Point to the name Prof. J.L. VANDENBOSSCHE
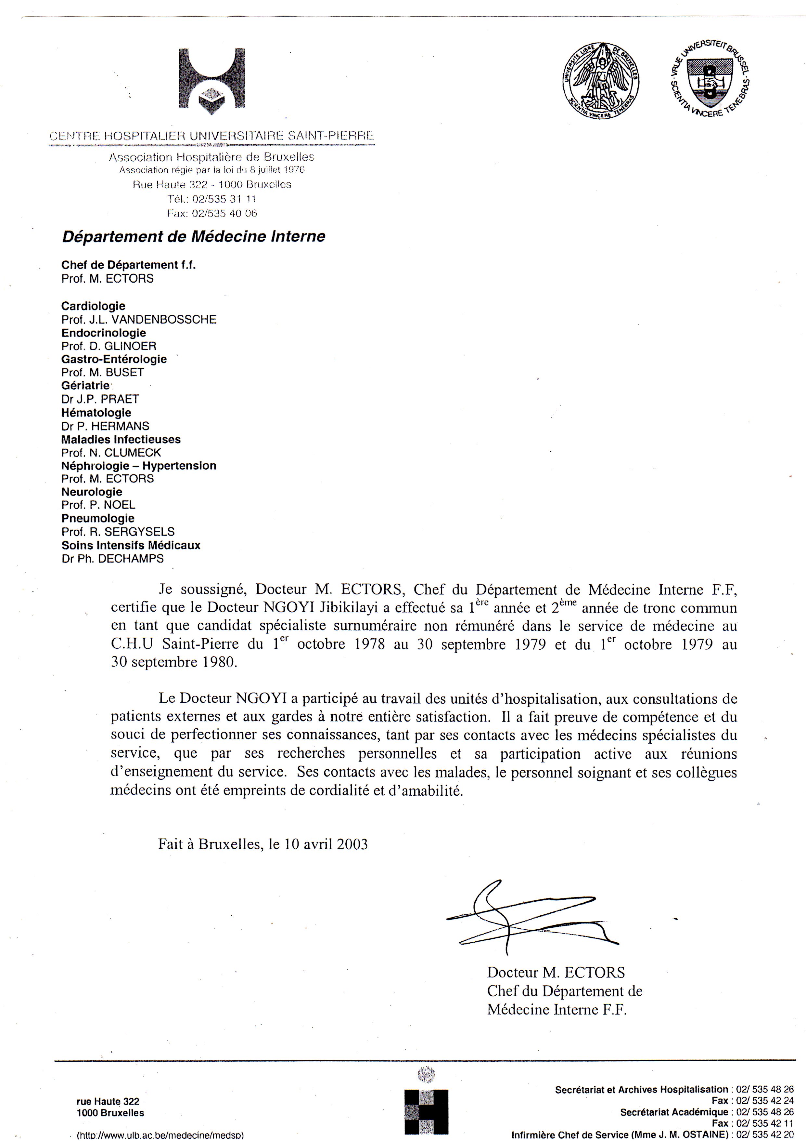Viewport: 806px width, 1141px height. (x=139, y=320)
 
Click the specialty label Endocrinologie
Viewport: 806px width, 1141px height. (x=103, y=333)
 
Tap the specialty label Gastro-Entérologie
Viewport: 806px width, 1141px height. (x=114, y=359)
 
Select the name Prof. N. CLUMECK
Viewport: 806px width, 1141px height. (x=111, y=453)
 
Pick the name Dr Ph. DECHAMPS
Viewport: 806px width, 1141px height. (x=112, y=559)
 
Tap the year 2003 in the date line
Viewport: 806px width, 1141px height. (x=352, y=844)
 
